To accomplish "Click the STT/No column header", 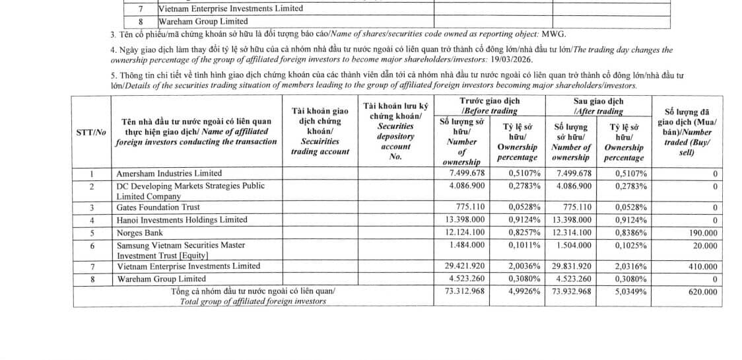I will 91,132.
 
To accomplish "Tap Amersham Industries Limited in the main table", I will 169,173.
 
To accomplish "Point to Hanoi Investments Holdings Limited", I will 182,219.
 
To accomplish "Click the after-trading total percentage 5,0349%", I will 630,291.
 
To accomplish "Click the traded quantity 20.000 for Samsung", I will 702,245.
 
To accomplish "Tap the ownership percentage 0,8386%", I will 630,233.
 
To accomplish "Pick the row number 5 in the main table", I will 92,233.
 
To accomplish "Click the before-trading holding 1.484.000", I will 466,245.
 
